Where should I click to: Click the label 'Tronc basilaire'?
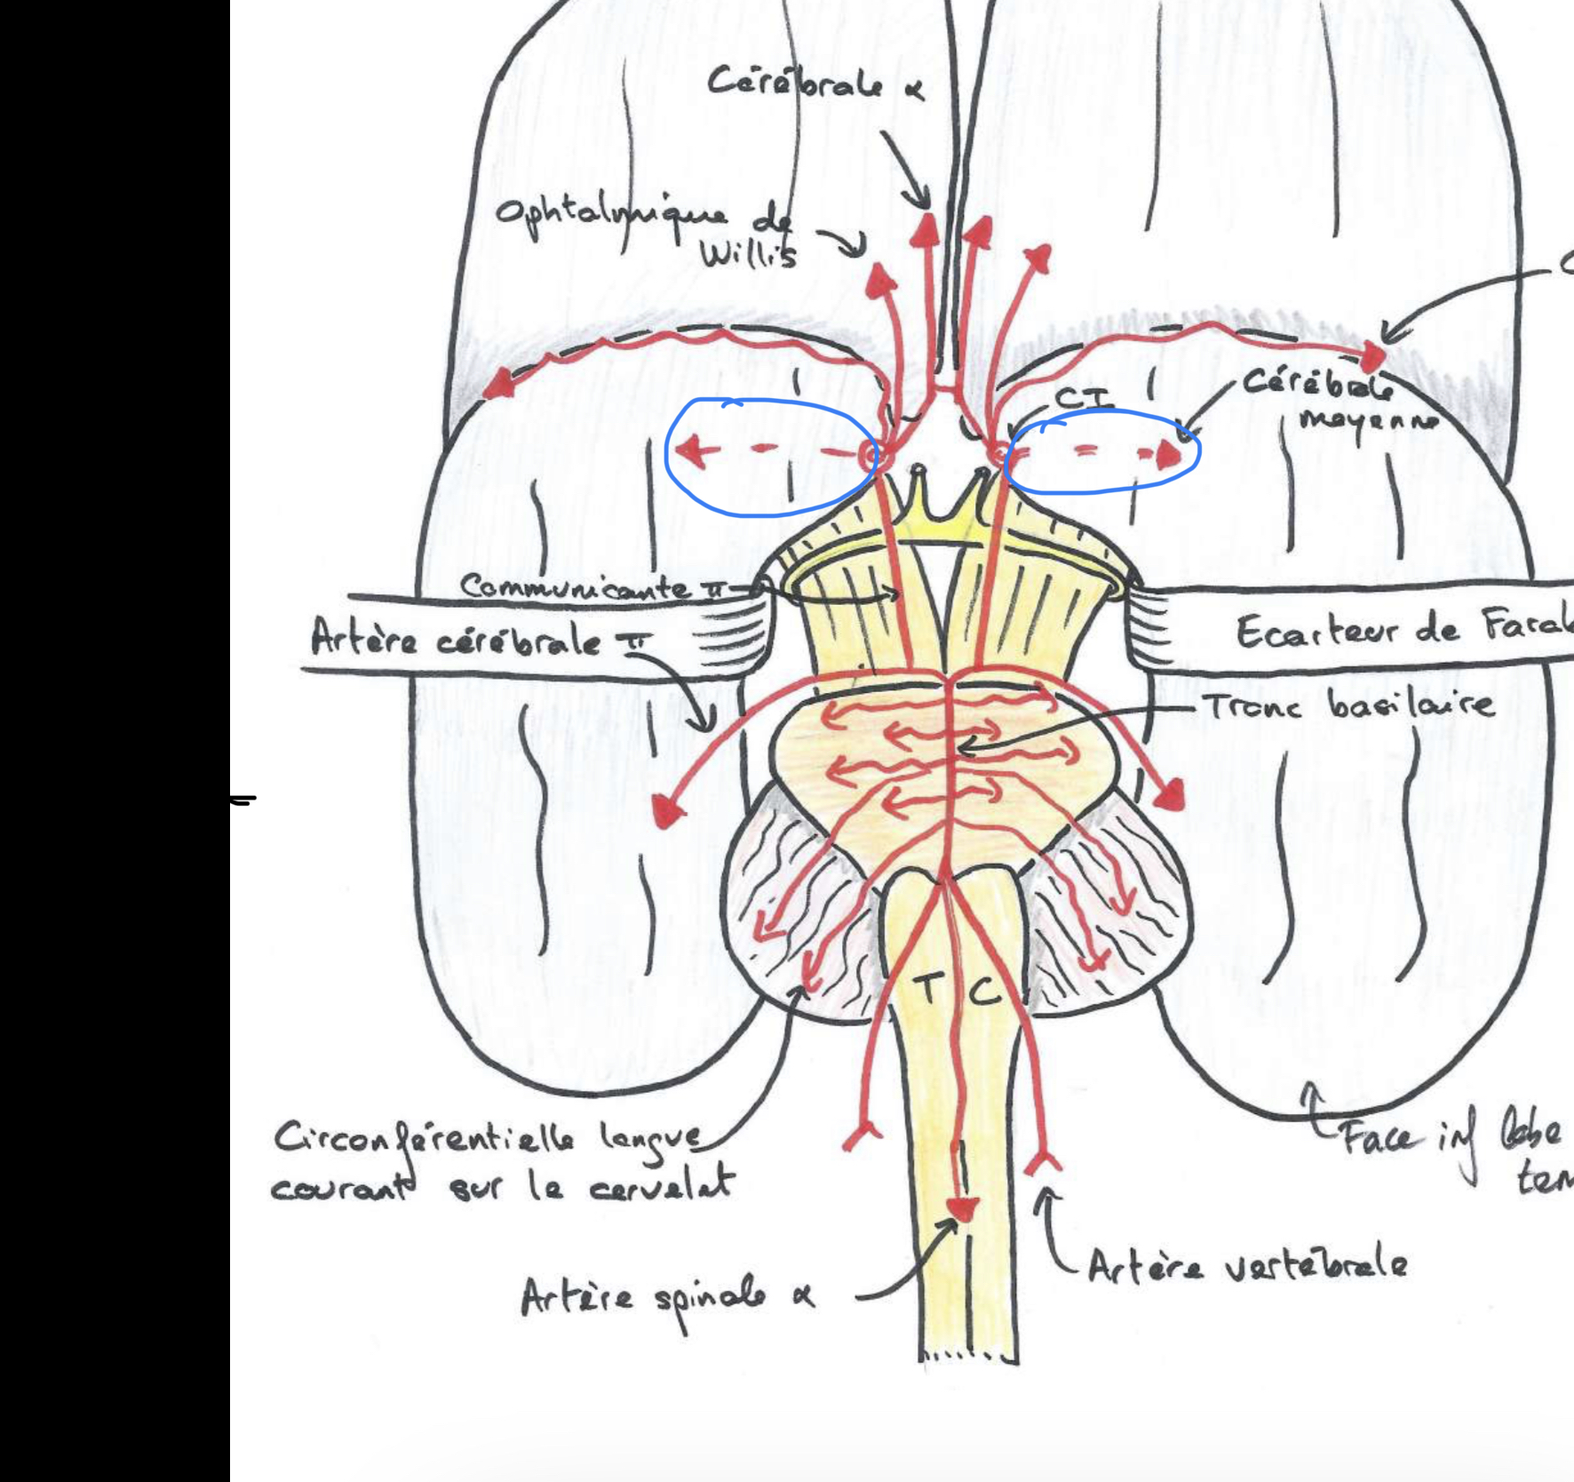pyautogui.click(x=1348, y=706)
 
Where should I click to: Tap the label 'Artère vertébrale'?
pyautogui.click(x=1247, y=1264)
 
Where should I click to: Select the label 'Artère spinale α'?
pyautogui.click(x=666, y=1300)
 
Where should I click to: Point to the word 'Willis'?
pyautogui.click(x=747, y=254)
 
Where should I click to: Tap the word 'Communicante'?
pyautogui.click(x=576, y=587)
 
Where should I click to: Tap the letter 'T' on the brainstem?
pyautogui.click(x=926, y=988)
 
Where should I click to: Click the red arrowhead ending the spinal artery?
pyautogui.click(x=962, y=1208)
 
